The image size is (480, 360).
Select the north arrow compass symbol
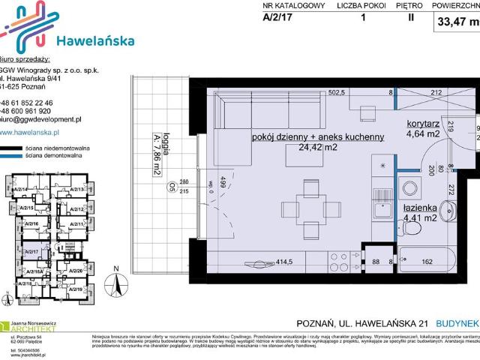click(115, 281)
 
